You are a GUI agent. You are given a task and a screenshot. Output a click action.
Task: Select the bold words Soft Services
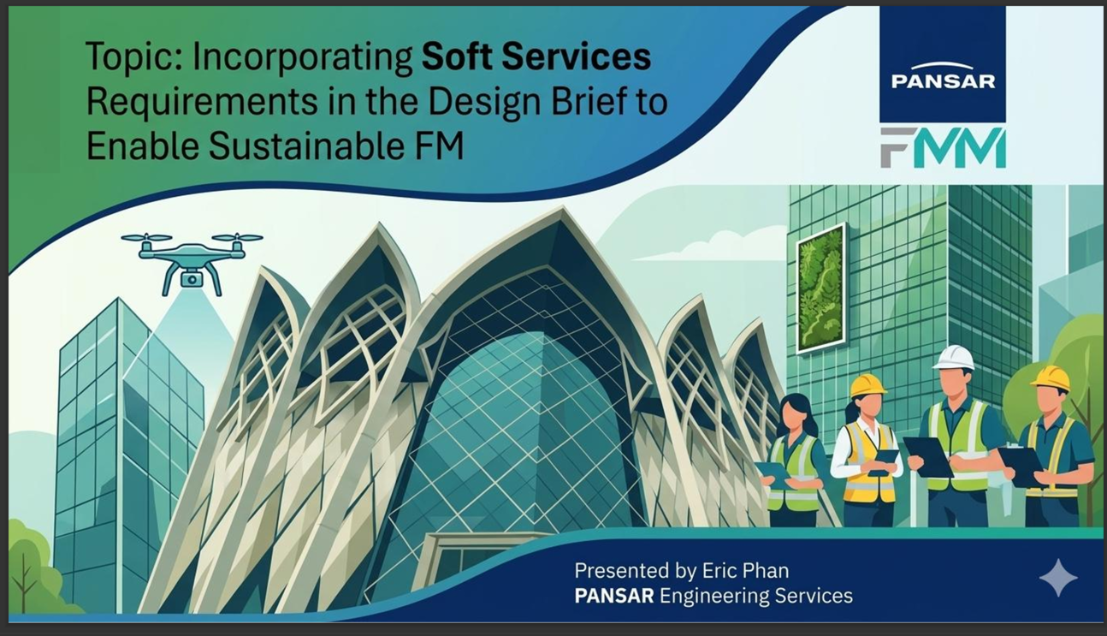pyautogui.click(x=536, y=56)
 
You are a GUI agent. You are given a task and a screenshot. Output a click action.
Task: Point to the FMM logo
pyautogui.click(x=943, y=147)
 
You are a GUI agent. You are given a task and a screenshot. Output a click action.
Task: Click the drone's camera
pyautogui.click(x=192, y=280)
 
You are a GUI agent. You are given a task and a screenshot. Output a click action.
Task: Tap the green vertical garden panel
pyautogui.click(x=820, y=288)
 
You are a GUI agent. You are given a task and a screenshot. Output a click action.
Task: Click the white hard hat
pyautogui.click(x=953, y=358)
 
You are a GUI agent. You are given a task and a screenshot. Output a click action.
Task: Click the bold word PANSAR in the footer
pyautogui.click(x=614, y=596)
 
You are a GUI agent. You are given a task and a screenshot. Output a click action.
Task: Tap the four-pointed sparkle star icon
pyautogui.click(x=1058, y=578)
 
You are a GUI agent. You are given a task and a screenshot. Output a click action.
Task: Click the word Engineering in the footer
pyautogui.click(x=713, y=597)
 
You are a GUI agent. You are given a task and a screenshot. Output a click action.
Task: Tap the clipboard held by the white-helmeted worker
pyautogui.click(x=929, y=456)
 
